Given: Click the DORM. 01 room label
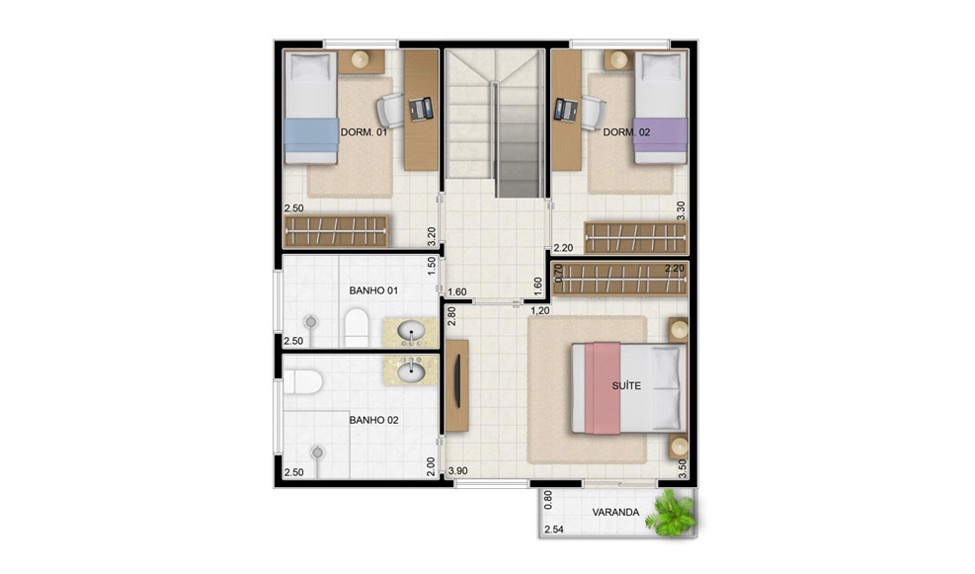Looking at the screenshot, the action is (364, 132).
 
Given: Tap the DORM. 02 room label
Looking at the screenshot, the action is (626, 132).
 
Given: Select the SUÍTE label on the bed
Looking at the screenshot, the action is (626, 385).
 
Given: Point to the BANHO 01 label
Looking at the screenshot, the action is (373, 290).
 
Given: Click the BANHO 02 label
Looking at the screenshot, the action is (373, 421).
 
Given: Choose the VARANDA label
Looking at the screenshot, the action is (615, 513).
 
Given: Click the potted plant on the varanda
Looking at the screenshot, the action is (670, 513).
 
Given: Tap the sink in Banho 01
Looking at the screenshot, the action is (410, 332).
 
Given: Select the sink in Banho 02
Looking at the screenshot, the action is (410, 370).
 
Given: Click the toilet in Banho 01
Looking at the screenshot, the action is (357, 327).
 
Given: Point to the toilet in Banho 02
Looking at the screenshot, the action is (303, 381).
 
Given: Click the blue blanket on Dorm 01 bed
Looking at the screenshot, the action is (311, 135).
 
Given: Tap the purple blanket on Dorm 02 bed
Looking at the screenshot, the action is (660, 135).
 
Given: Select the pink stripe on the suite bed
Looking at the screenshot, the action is (603, 388).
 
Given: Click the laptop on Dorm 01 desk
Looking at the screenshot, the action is (421, 110).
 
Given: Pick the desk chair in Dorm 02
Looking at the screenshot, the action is (594, 113).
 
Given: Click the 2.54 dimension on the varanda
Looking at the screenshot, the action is (554, 530).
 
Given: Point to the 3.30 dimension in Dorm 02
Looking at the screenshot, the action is (681, 210).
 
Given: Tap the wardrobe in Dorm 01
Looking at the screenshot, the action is (336, 231).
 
